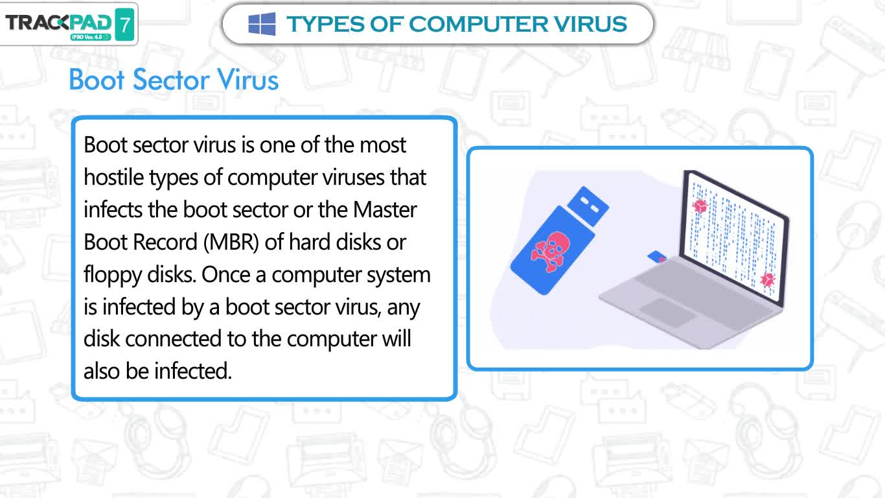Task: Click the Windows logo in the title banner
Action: point(262,24)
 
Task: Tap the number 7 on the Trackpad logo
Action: point(125,25)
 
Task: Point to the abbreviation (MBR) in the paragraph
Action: point(231,242)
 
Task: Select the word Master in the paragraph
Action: point(385,209)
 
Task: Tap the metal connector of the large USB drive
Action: point(588,206)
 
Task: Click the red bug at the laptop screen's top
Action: point(700,206)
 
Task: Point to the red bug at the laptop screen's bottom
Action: point(768,279)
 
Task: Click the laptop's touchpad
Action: point(667,312)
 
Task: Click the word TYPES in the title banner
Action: point(325,24)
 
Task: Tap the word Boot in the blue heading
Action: point(97,80)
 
